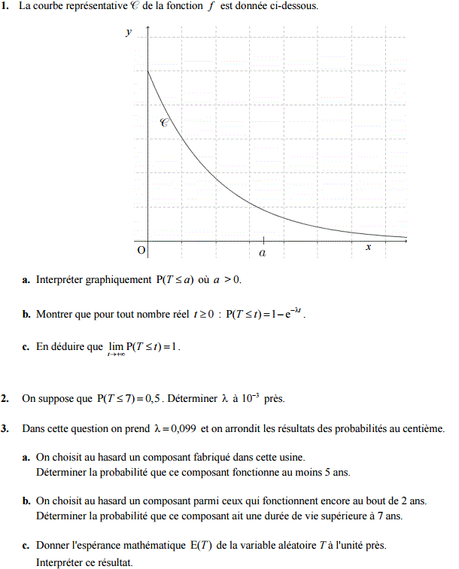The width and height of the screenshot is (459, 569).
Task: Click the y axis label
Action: pyautogui.click(x=129, y=32)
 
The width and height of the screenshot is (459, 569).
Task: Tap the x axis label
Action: pyautogui.click(x=368, y=247)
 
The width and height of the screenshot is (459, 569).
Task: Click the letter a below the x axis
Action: pyautogui.click(x=263, y=254)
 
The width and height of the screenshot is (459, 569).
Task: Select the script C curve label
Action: pyautogui.click(x=164, y=122)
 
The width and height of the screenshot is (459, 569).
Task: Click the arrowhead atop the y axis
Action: pyautogui.click(x=147, y=29)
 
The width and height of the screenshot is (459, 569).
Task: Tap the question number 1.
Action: pyautogui.click(x=5, y=6)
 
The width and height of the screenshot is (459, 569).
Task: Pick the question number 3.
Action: pyautogui.click(x=5, y=429)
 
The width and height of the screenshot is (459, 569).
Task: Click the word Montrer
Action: pyautogui.click(x=55, y=314)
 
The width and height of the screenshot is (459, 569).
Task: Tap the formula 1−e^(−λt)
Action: pyautogui.click(x=285, y=313)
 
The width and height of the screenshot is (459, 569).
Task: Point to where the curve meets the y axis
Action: pyautogui.click(x=147, y=71)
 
